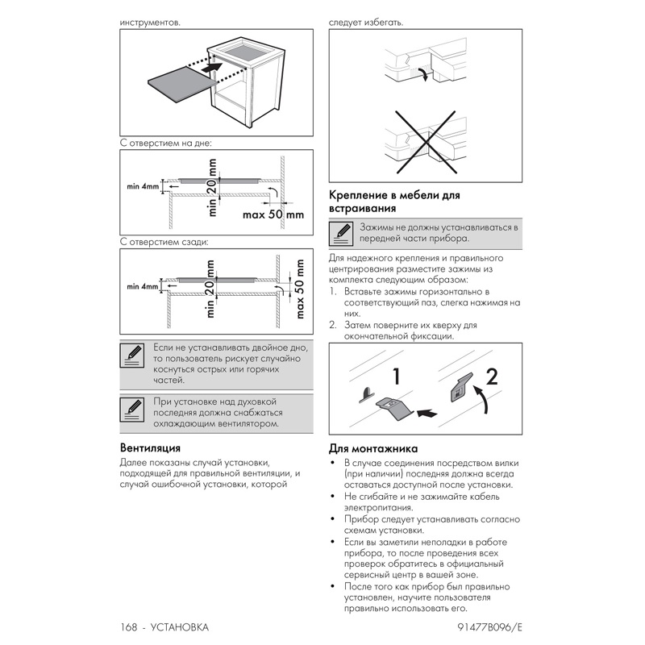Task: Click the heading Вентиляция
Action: point(149,447)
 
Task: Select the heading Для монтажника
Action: point(373,448)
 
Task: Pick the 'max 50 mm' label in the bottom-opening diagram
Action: point(273,215)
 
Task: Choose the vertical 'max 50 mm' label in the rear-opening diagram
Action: point(299,289)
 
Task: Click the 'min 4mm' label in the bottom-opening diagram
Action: point(142,187)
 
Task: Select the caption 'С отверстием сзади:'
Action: point(164,241)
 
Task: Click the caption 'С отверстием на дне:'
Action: point(164,143)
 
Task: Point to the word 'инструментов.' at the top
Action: point(149,22)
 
